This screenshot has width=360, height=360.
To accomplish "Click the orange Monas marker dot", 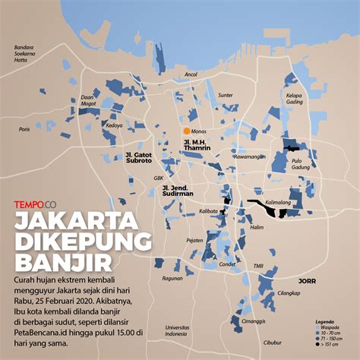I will [186, 131].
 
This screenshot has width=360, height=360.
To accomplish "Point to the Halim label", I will [257, 226].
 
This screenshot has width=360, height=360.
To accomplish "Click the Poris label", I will [25, 129].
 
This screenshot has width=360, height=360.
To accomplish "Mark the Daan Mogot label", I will [89, 100].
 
